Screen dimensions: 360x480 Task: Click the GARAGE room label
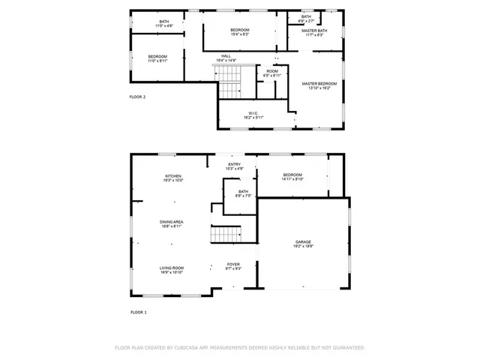[x=303, y=242]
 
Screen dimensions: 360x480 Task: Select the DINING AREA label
[x=172, y=222]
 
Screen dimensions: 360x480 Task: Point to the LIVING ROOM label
[x=172, y=268]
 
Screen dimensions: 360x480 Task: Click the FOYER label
[x=234, y=265]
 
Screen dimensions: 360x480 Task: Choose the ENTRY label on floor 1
[x=235, y=164]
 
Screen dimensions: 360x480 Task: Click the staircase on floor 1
[x=224, y=235]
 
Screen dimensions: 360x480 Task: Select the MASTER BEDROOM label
[x=319, y=83]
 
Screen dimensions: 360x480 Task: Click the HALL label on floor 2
[x=226, y=55]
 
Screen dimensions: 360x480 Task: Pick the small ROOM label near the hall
[x=271, y=71]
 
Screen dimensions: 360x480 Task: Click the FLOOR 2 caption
[x=138, y=97]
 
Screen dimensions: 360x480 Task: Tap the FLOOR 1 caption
[x=139, y=311]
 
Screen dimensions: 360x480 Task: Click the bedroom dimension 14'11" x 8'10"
[x=292, y=179]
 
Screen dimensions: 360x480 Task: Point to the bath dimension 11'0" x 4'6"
[x=163, y=26]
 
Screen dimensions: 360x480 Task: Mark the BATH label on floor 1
[x=243, y=191]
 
